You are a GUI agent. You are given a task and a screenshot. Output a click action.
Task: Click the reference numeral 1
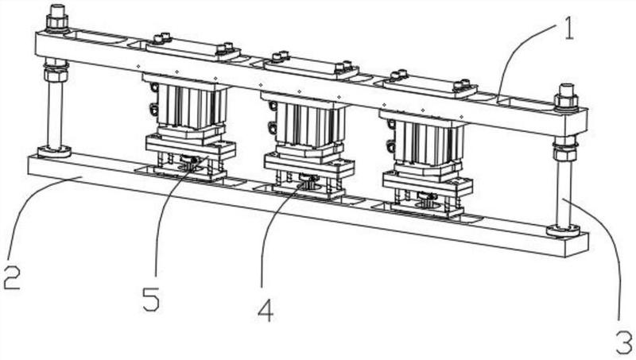[x=568, y=29]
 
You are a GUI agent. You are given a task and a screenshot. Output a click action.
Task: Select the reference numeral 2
[x=12, y=277]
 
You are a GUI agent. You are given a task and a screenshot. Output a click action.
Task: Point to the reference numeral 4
[x=266, y=312]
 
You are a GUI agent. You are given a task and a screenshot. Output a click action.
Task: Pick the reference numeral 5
[x=151, y=300]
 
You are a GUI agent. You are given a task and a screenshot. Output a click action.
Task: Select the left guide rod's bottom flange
[x=54, y=152]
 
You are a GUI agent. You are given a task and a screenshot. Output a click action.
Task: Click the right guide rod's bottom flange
[x=563, y=230]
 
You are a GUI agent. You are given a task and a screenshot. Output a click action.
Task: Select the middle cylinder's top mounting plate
[x=311, y=67]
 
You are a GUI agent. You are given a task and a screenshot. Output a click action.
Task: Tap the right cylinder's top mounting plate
[x=429, y=86]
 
